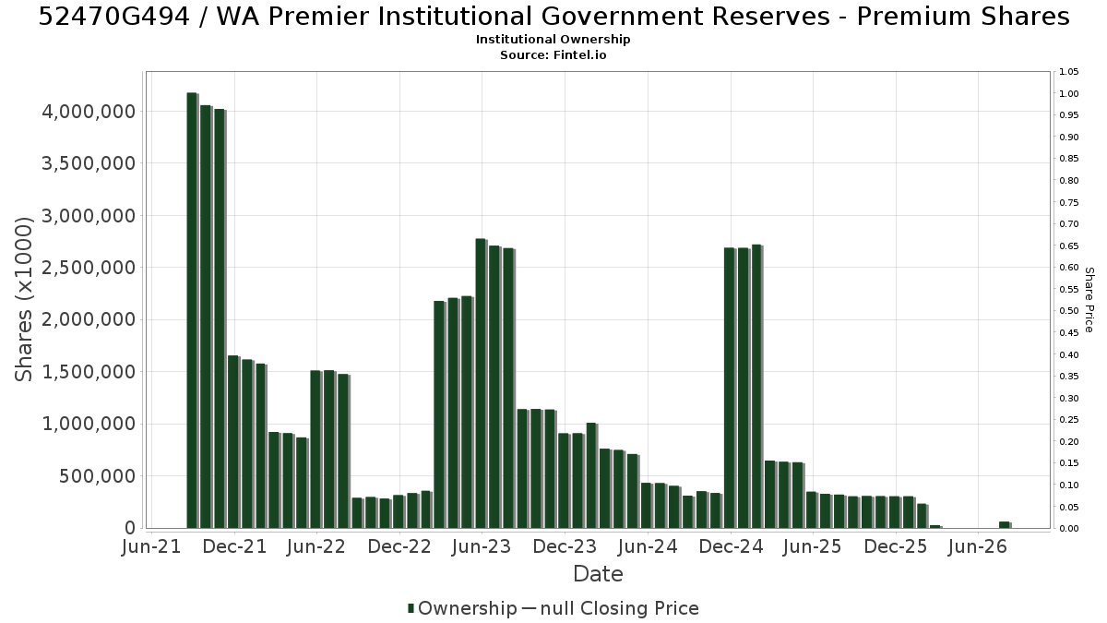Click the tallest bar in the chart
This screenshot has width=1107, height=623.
click(x=192, y=310)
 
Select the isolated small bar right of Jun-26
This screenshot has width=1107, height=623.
click(x=1005, y=525)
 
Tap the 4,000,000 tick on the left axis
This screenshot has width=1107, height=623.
click(x=89, y=112)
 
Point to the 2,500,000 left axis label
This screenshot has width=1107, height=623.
click(x=89, y=268)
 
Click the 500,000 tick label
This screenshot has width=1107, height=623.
click(x=97, y=476)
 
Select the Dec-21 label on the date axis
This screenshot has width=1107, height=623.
click(x=234, y=546)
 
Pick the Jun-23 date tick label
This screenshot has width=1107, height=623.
click(x=482, y=546)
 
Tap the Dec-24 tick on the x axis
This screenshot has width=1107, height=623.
click(x=732, y=546)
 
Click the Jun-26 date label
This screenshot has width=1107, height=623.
click(x=978, y=546)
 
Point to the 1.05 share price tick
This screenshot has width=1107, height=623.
click(x=1069, y=72)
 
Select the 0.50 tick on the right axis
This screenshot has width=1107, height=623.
click(x=1069, y=311)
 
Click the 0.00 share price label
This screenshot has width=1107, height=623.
click(x=1069, y=529)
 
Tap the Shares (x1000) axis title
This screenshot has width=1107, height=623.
click(x=23, y=300)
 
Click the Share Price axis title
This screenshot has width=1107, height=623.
click(x=1089, y=300)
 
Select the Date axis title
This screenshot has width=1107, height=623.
click(x=598, y=574)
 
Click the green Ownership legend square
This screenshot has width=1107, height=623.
click(x=411, y=608)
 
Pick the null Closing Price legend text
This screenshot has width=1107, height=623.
click(x=620, y=608)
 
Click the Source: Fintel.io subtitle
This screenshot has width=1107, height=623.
click(x=553, y=54)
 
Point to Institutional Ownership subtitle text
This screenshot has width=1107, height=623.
click(x=553, y=40)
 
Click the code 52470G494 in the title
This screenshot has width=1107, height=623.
click(x=114, y=17)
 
